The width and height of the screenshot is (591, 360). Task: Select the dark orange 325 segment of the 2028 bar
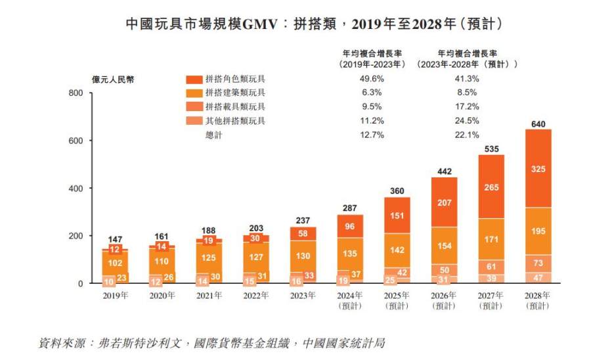537,169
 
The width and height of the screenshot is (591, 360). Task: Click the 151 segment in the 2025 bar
397,215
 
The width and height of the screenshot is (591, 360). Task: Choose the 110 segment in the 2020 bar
162,261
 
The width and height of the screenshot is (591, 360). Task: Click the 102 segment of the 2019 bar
114,262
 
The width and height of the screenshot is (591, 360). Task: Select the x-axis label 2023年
303,296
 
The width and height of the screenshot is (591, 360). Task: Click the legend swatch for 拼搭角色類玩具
194,79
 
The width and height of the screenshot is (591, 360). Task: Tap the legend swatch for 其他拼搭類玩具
194,121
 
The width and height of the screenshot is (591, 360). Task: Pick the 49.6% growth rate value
372,79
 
